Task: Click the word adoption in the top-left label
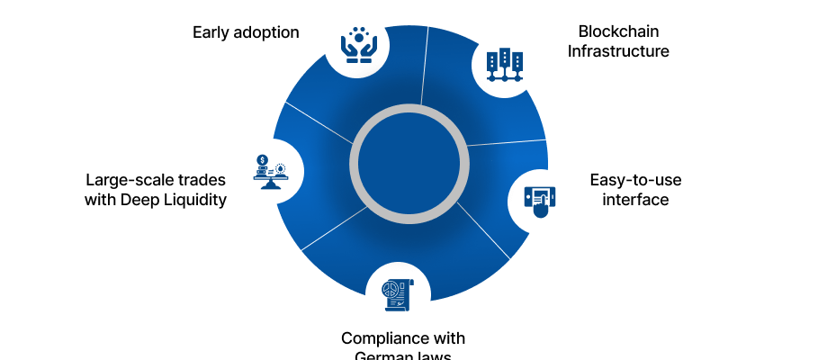pos(266,33)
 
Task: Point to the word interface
pos(634,200)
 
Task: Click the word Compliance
pos(378,338)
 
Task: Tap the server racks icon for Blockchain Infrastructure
pos(505,65)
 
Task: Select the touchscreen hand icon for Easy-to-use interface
pos(540,200)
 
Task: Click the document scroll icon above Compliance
pos(398,293)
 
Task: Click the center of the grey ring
pos(408,164)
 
